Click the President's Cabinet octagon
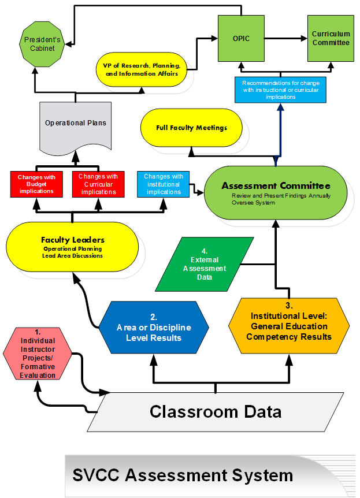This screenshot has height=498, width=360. pyautogui.click(x=42, y=44)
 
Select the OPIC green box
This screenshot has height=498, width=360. pyautogui.click(x=241, y=39)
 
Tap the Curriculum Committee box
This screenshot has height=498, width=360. pyautogui.click(x=331, y=39)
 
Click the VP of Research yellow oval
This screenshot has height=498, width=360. pyautogui.click(x=142, y=69)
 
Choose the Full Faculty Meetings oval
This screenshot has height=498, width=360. pyautogui.click(x=191, y=128)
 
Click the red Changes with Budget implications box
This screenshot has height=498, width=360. pyautogui.click(x=36, y=184)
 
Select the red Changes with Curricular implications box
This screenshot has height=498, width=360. pyautogui.click(x=98, y=184)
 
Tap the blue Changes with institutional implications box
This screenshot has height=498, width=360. pyautogui.click(x=164, y=184)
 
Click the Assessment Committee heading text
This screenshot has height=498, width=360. pyautogui.click(x=276, y=185)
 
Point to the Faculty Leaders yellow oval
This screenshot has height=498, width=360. pyautogui.click(x=72, y=247)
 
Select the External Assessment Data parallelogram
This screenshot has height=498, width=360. pyautogui.click(x=205, y=264)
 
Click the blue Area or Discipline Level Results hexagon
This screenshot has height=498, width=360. pyautogui.click(x=154, y=328)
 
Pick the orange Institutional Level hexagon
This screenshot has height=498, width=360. pyautogui.click(x=289, y=326)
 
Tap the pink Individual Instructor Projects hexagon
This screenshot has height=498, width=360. pyautogui.click(x=38, y=354)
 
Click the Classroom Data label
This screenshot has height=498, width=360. pyautogui.click(x=216, y=411)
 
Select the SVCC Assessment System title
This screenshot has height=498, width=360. pyautogui.click(x=183, y=475)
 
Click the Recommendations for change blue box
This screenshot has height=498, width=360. pyautogui.click(x=281, y=90)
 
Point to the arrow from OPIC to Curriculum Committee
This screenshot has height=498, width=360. pyautogui.click(x=286, y=39)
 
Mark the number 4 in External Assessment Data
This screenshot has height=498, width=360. pyautogui.click(x=205, y=251)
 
